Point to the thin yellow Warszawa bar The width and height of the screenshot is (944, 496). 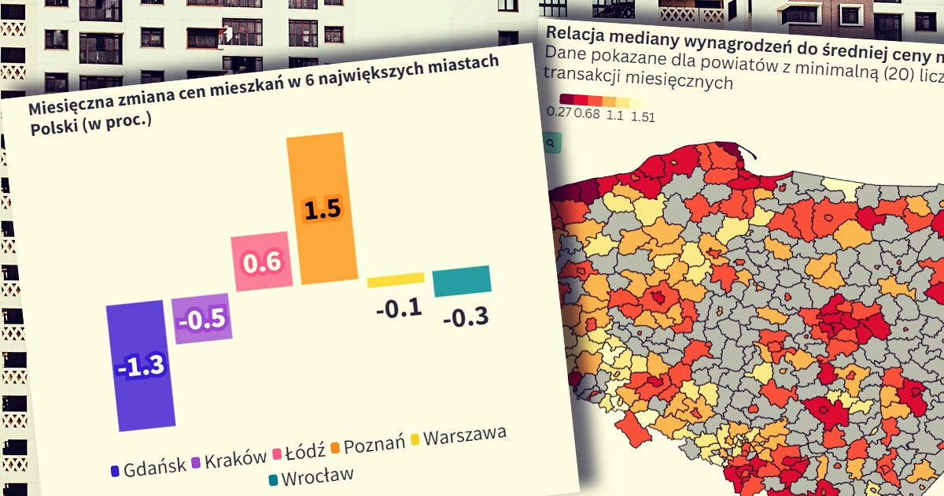(396, 279)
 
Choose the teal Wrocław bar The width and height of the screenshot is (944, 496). (462, 280)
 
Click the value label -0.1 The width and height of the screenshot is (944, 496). (399, 309)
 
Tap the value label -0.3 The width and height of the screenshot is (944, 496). (466, 317)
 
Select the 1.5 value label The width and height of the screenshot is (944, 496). (322, 210)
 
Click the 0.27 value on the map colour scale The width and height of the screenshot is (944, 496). (559, 113)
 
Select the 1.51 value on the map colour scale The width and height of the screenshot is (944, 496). (643, 117)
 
